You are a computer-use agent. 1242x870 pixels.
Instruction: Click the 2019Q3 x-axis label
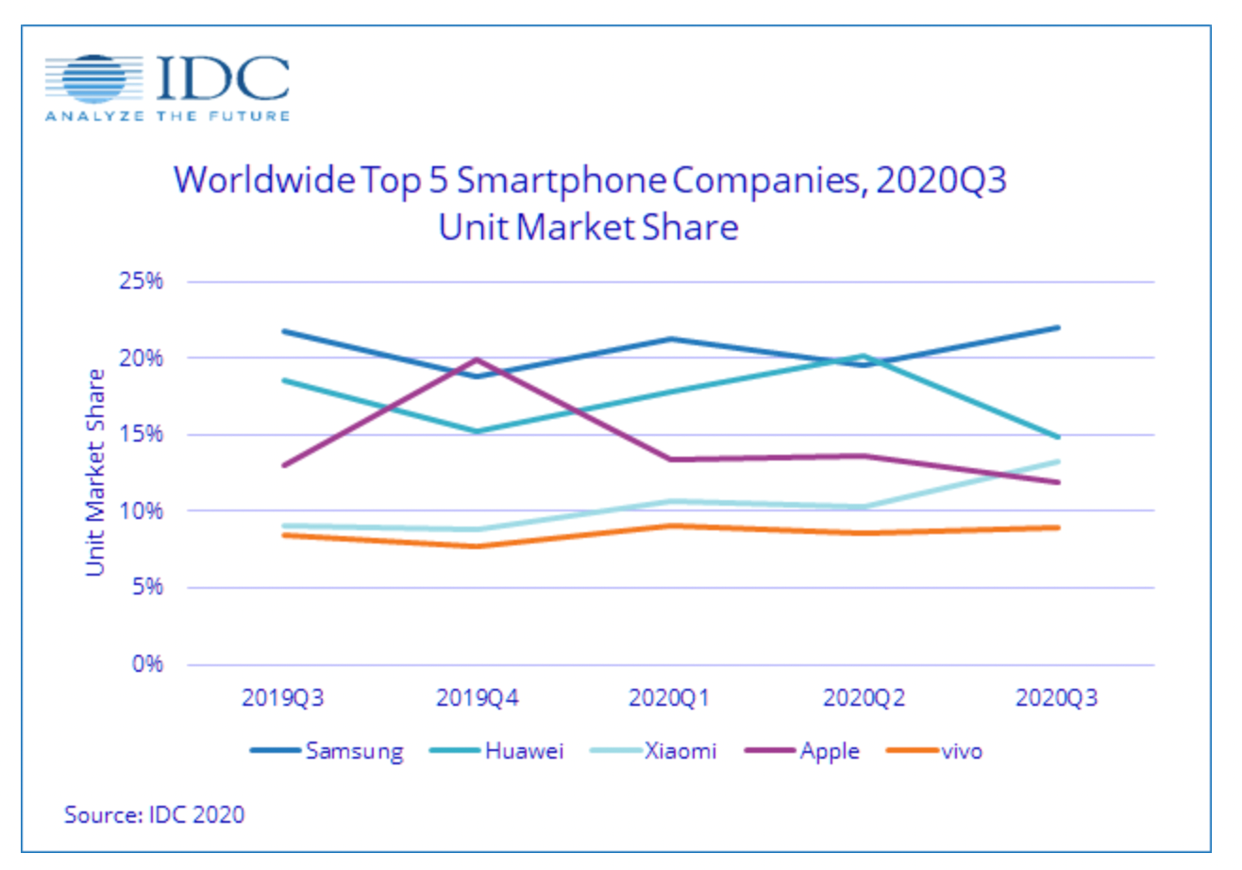click(x=282, y=699)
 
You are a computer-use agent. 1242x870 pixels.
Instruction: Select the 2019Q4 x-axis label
click(x=476, y=699)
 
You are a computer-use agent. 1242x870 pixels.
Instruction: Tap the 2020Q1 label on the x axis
click(x=669, y=699)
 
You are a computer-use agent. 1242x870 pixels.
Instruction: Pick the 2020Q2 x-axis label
click(x=863, y=699)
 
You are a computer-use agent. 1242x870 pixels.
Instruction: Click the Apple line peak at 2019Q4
click(x=477, y=360)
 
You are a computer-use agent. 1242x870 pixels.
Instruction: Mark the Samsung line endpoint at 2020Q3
click(x=1057, y=327)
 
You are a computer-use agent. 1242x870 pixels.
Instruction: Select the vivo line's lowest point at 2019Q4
click(x=477, y=546)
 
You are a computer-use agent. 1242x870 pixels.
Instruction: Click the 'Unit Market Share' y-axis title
click(x=95, y=472)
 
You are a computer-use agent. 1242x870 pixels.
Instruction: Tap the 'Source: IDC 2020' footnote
click(x=154, y=814)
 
